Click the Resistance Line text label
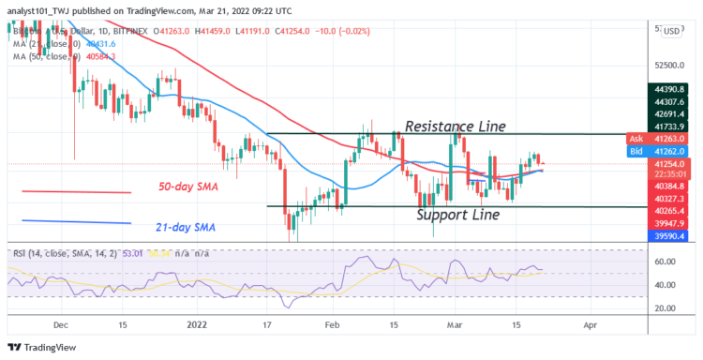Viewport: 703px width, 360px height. (x=455, y=126)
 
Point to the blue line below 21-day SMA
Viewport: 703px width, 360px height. (x=76, y=221)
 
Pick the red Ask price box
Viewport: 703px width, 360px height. (x=660, y=138)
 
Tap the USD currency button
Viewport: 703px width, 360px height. (x=671, y=31)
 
